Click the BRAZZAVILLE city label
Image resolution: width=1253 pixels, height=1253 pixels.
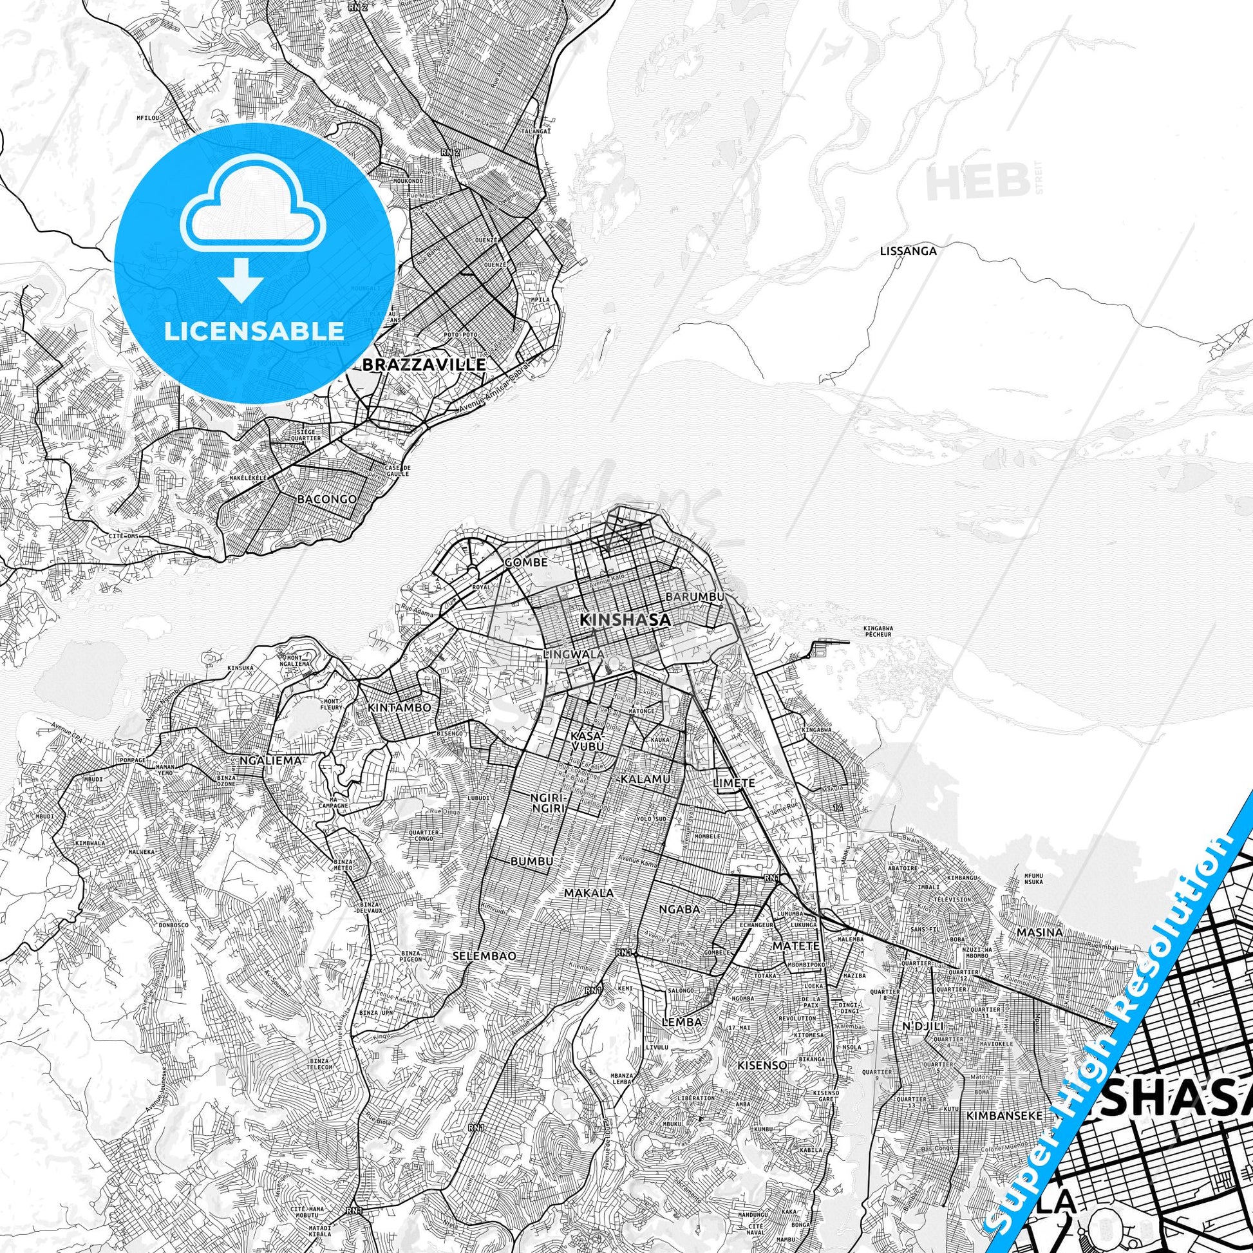click(425, 364)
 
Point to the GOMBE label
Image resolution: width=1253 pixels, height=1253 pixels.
click(526, 562)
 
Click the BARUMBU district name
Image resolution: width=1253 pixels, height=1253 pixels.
click(695, 596)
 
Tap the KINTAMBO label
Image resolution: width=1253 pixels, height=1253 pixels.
click(399, 708)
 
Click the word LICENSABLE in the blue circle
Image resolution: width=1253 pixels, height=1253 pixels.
click(254, 332)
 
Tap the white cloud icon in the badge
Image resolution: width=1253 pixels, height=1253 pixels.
click(254, 215)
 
